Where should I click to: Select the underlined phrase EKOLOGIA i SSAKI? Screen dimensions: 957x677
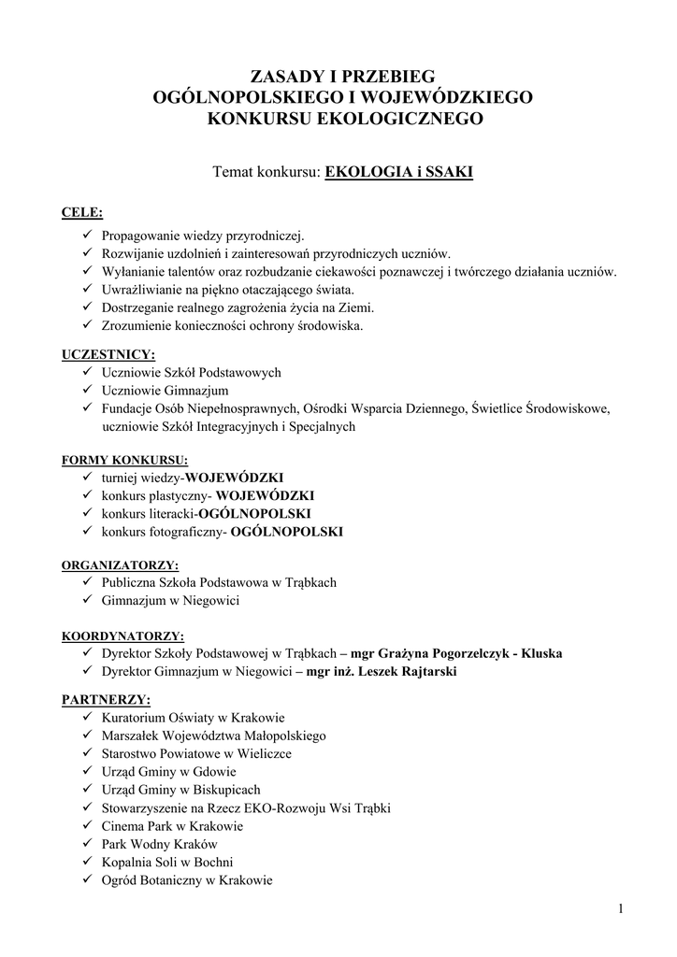(x=398, y=172)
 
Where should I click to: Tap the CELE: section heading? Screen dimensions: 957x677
(x=82, y=212)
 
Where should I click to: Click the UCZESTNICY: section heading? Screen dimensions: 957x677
(x=108, y=354)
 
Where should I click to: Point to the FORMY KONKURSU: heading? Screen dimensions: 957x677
(x=124, y=460)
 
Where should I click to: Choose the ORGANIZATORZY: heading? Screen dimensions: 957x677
(x=120, y=565)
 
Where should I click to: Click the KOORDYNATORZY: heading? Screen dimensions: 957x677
(x=122, y=636)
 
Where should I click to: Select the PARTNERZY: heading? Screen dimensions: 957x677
(x=105, y=699)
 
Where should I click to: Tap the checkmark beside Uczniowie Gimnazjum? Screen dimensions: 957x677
(x=86, y=390)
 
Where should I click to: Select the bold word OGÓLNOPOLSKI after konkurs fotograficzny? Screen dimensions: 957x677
(x=287, y=532)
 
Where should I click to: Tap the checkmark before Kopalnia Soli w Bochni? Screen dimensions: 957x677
(x=86, y=862)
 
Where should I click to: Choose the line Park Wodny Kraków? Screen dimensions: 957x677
(x=151, y=844)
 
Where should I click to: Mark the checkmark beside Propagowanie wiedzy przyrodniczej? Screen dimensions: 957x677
(x=86, y=236)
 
